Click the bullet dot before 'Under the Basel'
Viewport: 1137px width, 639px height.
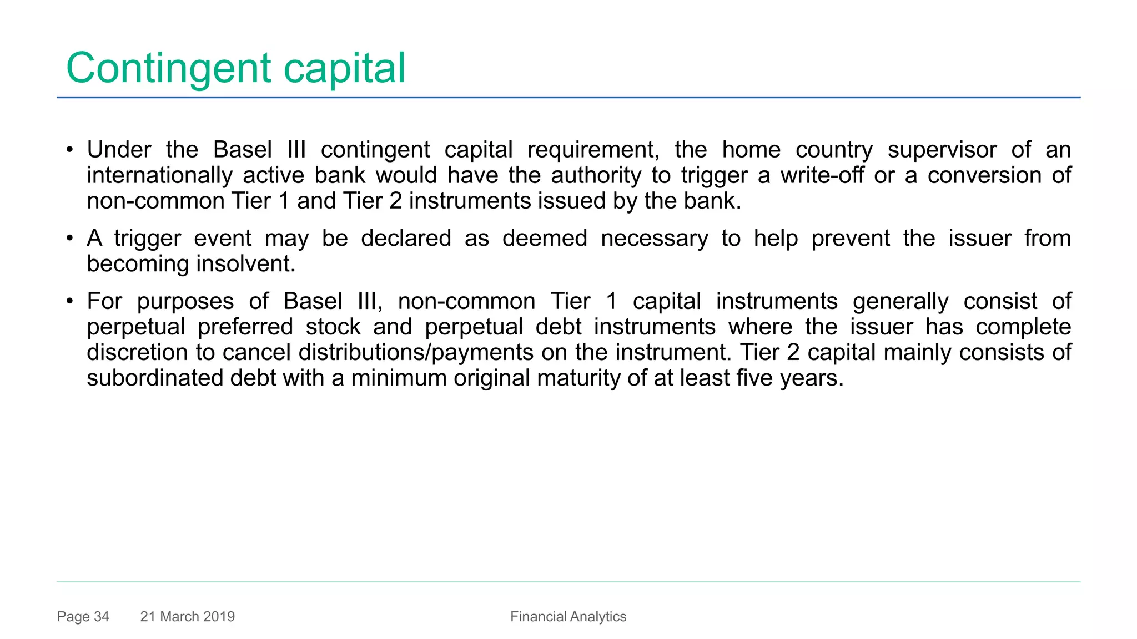(69, 150)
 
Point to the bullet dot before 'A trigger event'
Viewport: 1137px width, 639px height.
(69, 239)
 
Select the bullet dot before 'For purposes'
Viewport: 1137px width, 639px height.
(69, 302)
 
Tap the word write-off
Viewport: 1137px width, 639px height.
(822, 175)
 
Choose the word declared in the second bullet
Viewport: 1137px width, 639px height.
(406, 239)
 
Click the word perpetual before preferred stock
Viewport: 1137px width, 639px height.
(135, 327)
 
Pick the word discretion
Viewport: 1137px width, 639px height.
(137, 352)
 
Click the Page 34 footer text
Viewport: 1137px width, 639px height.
(83, 617)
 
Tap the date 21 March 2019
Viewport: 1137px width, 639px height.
(188, 617)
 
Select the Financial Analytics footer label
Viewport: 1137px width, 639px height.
(568, 617)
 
